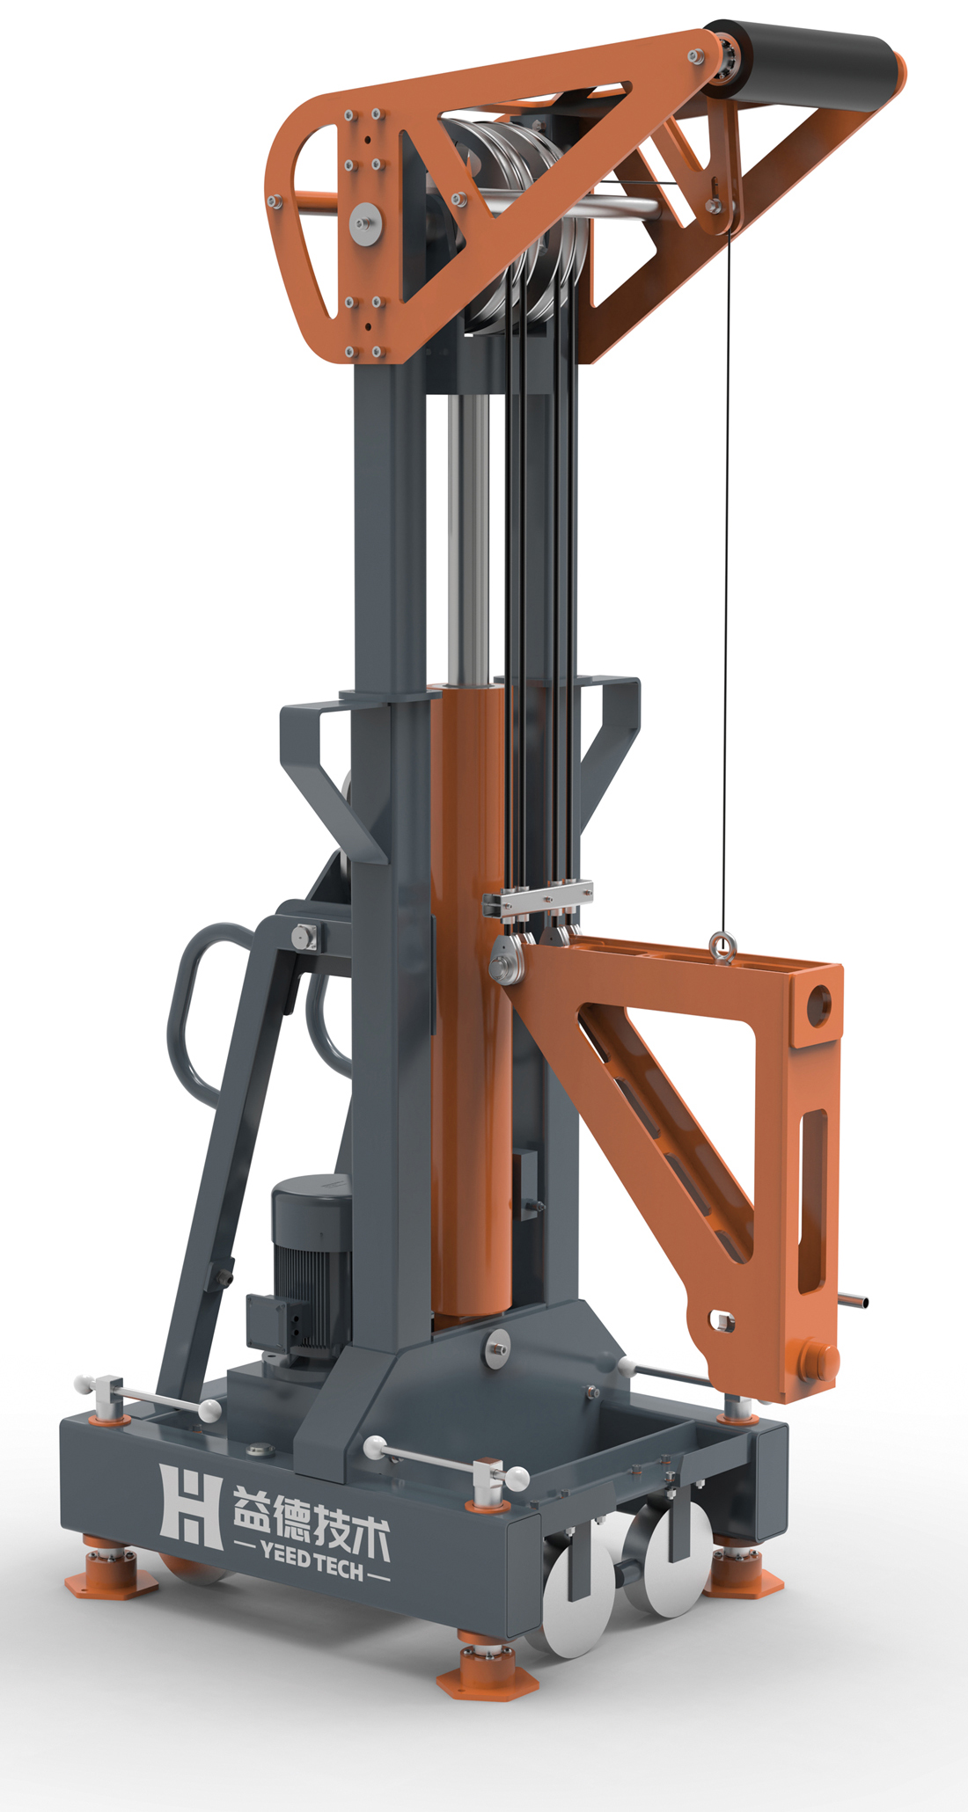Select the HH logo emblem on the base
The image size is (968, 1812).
[189, 1507]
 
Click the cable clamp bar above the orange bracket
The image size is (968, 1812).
[538, 900]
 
